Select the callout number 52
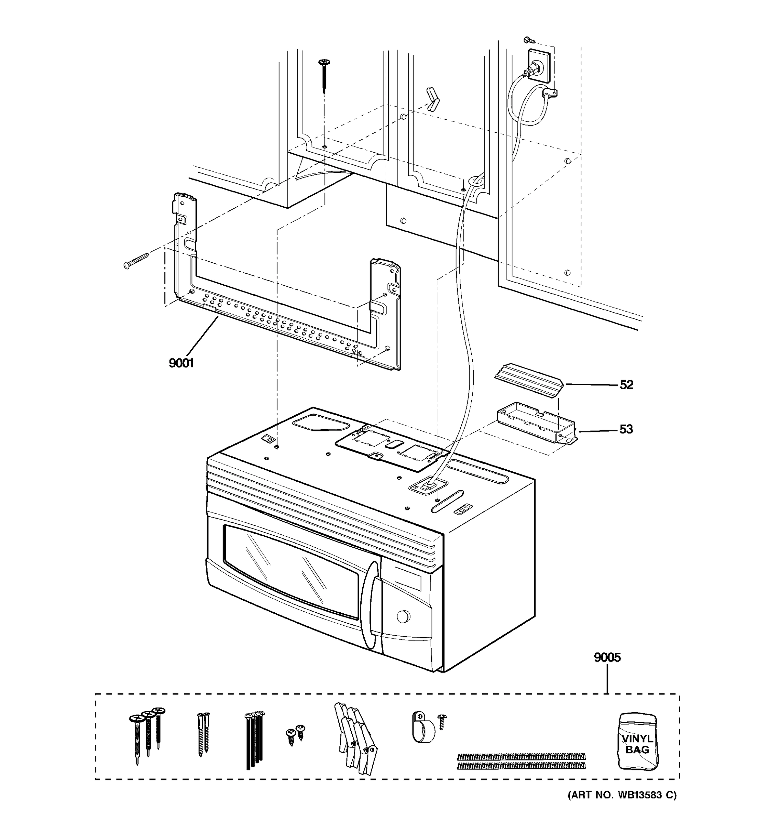click(x=626, y=385)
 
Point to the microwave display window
click(x=408, y=578)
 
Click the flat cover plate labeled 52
click(x=529, y=380)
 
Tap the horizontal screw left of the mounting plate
click(x=136, y=261)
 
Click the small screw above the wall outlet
click(x=528, y=40)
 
